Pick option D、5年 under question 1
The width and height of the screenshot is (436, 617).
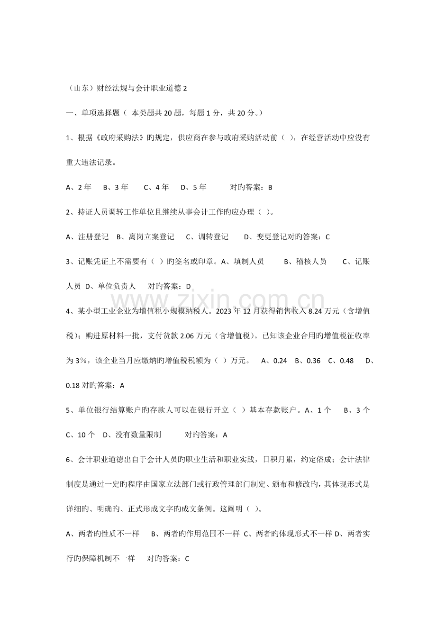[193, 187]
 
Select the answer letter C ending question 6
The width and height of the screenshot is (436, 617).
[187, 558]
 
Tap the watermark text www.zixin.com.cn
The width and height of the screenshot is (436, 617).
[218, 299]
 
